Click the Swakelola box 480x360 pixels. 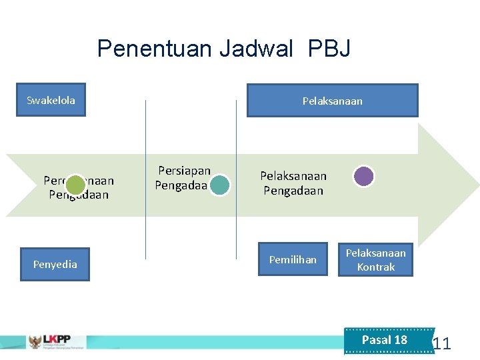(51, 101)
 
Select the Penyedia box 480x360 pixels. (55, 264)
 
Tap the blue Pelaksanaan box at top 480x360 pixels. (332, 101)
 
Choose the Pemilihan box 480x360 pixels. (293, 259)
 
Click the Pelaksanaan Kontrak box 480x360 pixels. (375, 260)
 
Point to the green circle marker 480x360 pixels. (76, 185)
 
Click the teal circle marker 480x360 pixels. (219, 185)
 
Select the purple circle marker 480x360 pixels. (363, 176)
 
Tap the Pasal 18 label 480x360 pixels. (385, 340)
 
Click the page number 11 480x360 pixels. (441, 344)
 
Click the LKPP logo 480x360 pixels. (57, 341)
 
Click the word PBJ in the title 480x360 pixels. (329, 49)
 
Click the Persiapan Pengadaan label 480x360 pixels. (183, 178)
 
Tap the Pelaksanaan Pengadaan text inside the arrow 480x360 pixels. (293, 183)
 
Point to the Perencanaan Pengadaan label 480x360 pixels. (79, 188)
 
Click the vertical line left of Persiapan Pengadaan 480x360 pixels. (146, 180)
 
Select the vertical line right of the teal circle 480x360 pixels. (236, 180)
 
